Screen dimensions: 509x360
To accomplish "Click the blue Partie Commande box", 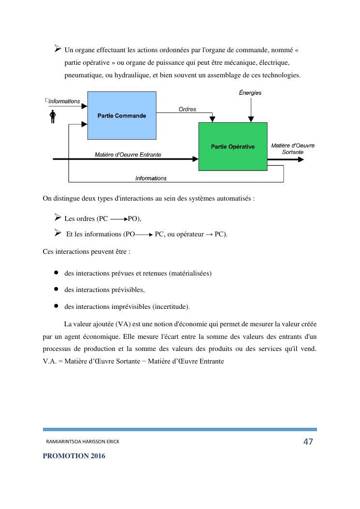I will [121, 116].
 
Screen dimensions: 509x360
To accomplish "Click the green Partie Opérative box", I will [232, 146].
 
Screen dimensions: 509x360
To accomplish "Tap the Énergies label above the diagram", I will [250, 93].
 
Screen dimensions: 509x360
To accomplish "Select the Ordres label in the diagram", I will [187, 109].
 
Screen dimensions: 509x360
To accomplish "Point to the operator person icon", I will [53, 117].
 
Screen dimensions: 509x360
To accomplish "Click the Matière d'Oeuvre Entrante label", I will [128, 155].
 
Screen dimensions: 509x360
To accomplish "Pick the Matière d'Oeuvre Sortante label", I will [293, 148].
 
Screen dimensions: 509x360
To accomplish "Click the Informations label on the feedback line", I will [151, 178].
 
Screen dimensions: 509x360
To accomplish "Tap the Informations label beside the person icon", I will [64, 101].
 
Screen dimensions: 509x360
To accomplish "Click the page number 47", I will [308, 441].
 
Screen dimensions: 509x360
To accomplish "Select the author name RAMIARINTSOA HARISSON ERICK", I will [83, 442].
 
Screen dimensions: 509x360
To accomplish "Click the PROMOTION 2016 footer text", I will [74, 456].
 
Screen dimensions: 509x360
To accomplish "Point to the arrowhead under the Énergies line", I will [250, 119].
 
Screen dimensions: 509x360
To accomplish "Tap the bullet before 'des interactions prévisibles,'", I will [56, 289].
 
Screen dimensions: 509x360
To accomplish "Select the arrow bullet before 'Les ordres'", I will [58, 218].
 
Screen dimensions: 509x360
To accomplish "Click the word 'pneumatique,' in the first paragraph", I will [82, 75].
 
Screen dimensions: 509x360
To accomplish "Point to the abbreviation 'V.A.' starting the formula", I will [50, 361].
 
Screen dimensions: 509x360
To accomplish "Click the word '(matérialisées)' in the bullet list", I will [190, 273].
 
